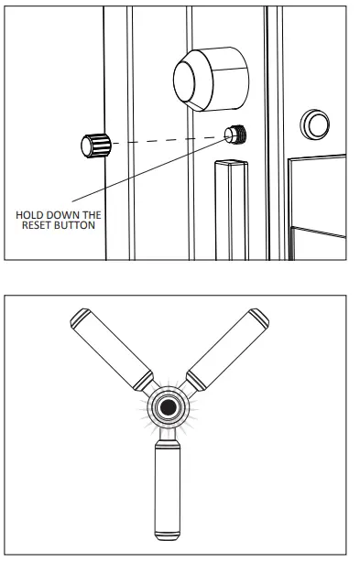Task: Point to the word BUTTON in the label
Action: (76, 225)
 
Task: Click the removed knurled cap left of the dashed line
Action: (94, 145)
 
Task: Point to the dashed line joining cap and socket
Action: (165, 139)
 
